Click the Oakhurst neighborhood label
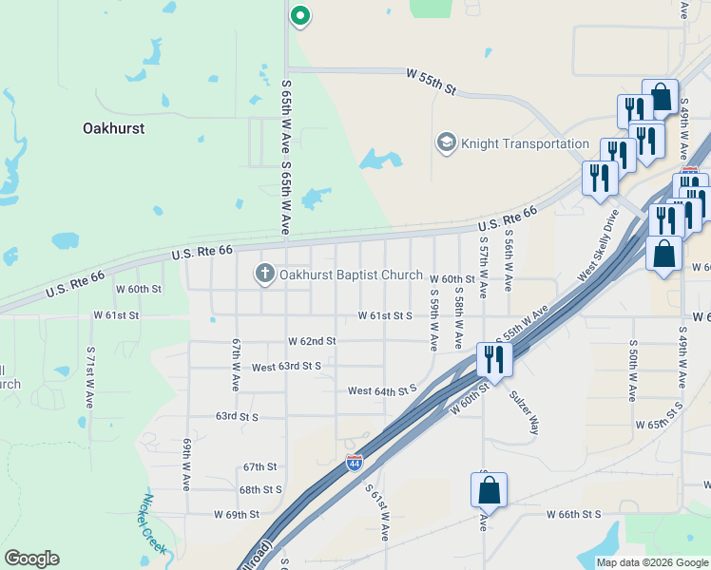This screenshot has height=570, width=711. pos(113,127)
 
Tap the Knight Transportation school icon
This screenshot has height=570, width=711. pos(445,143)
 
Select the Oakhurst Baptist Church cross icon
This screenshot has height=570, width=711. pos(265,275)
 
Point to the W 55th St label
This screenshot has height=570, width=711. pos(432,80)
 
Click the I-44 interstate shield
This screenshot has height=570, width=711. pos(354,463)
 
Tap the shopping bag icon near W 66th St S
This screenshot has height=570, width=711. pos(489,490)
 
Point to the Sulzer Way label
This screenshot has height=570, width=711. pos(525,412)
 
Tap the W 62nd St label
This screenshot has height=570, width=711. pos(313,340)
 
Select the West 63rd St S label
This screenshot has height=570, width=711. pos(286,366)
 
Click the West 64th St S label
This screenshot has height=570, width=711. pos(382,389)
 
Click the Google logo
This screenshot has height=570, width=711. pos(31,559)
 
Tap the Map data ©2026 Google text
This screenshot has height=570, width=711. pos(651,562)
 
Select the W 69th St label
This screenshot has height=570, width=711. pos(236,514)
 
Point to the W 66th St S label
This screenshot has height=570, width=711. pos(573,514)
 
